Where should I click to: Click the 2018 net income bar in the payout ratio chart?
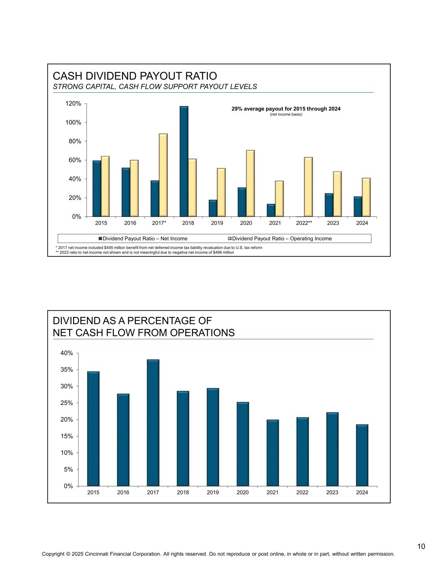[x=184, y=162]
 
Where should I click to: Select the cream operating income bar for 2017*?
[x=163, y=175]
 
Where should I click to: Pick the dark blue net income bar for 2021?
[x=271, y=210]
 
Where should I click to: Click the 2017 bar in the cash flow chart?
[x=153, y=423]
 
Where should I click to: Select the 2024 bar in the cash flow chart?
[x=362, y=455]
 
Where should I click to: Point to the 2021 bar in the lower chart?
[x=273, y=453]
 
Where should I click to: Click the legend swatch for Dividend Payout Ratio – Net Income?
[x=100, y=238]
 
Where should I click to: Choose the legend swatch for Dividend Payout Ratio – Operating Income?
[x=230, y=238]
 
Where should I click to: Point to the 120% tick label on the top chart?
[x=73, y=103]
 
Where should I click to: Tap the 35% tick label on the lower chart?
[x=67, y=370]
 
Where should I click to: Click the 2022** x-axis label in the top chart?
[x=304, y=223]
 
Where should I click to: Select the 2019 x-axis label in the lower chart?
[x=213, y=493]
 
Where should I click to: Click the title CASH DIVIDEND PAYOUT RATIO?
[x=135, y=76]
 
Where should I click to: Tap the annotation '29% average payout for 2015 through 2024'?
[x=286, y=109]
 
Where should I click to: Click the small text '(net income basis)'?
[x=286, y=114]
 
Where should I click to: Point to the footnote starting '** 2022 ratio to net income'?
[x=145, y=252]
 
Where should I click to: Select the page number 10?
[x=421, y=546]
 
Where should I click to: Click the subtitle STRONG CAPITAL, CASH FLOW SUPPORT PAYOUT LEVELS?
[x=155, y=87]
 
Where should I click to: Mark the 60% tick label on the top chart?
[x=75, y=160]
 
